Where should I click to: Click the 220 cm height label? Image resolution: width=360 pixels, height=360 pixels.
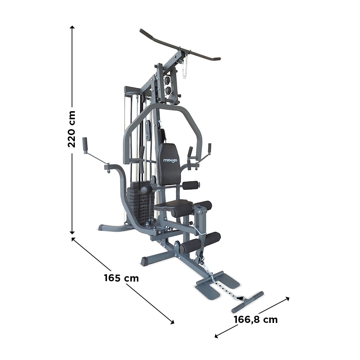tap(72, 129)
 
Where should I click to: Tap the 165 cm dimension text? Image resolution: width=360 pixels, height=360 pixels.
tap(121, 278)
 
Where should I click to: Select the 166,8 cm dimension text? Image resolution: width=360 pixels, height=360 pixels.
tap(256, 319)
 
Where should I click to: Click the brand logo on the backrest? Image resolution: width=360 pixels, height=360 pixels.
tap(170, 161)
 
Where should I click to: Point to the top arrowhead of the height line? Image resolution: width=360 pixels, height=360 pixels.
tap(72, 27)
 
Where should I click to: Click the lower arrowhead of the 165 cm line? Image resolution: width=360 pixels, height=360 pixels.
tap(172, 322)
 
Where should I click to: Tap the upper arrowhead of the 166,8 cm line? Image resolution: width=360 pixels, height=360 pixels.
tap(287, 298)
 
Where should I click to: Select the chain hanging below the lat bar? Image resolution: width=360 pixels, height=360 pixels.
tap(185, 67)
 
